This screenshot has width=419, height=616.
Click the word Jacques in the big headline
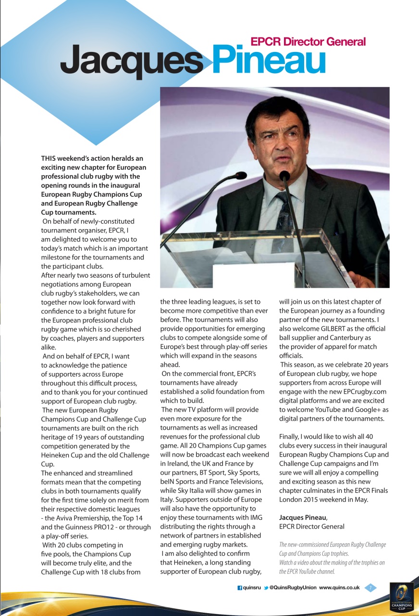[131, 62]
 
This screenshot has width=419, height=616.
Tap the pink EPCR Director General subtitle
[308, 41]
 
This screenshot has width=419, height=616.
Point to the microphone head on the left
[239, 176]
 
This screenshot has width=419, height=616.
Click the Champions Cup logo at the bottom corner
[401, 597]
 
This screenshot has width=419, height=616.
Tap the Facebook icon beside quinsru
[240, 588]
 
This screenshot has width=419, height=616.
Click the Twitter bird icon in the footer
[266, 588]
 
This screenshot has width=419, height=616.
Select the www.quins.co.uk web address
[339, 588]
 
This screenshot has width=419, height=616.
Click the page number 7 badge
[370, 588]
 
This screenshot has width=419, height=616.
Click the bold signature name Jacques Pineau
[303, 517]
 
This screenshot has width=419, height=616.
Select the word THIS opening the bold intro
[50, 158]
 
